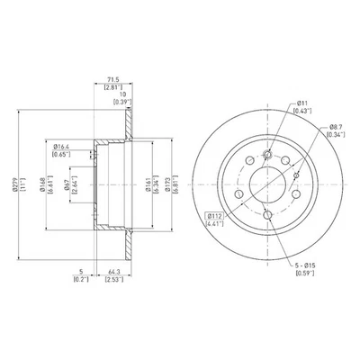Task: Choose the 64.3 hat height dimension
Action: [x=112, y=275]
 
